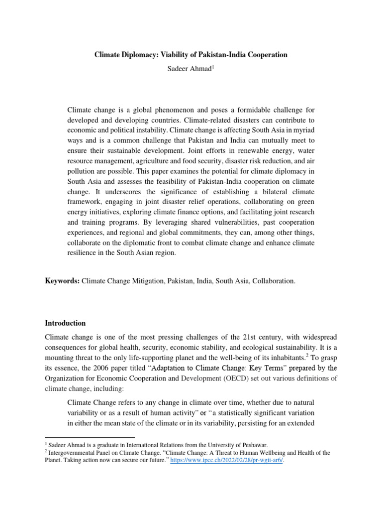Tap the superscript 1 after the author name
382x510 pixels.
(214, 66)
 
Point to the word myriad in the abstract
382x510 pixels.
(303, 130)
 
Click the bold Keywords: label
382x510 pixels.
(62, 281)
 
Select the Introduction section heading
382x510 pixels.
(66, 323)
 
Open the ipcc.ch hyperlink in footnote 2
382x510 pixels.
(227, 461)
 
